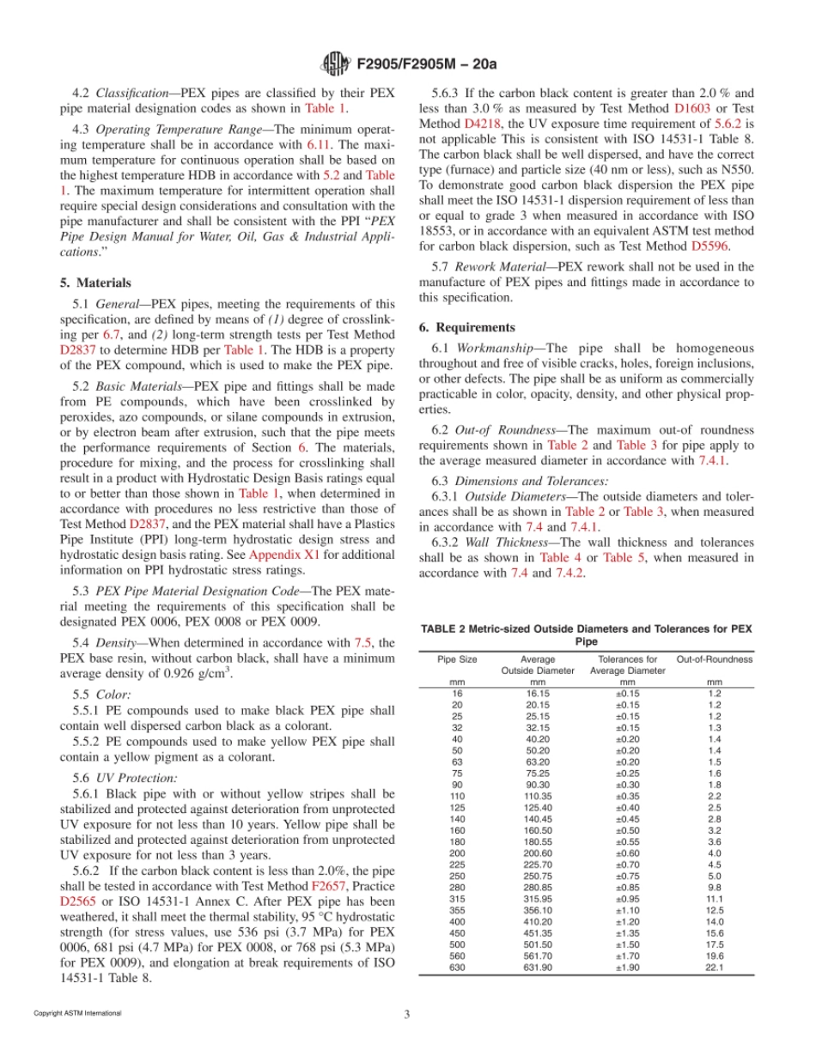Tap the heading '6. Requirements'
(467, 327)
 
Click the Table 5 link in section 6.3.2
(621, 557)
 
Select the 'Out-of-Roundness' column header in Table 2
(714, 659)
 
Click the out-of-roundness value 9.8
(714, 876)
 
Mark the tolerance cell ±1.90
(626, 968)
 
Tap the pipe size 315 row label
(456, 887)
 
